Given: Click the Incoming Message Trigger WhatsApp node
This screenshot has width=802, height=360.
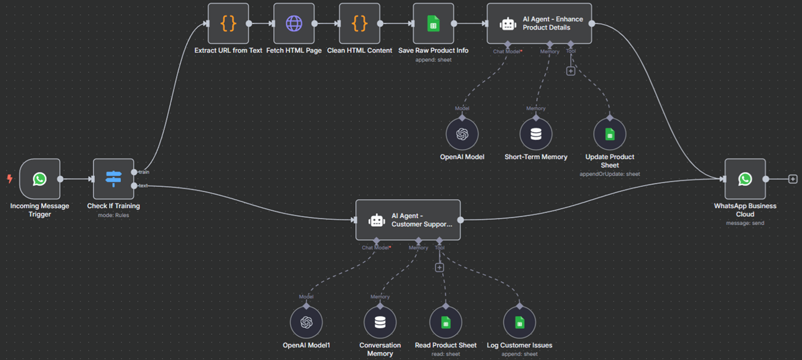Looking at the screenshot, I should click(40, 179).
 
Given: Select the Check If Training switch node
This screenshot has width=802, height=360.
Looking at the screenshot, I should click(113, 179).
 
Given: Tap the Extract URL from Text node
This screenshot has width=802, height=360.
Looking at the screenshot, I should click(228, 23).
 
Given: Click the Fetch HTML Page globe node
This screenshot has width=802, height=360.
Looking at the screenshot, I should click(294, 23).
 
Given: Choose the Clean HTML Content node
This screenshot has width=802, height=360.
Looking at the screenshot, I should click(359, 23).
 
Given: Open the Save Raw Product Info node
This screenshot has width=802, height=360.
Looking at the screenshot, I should click(433, 23).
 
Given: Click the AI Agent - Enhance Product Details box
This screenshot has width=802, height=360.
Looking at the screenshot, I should click(539, 23).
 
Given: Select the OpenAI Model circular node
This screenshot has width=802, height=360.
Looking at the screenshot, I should click(462, 134).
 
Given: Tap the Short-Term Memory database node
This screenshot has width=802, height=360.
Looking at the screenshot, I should click(535, 134).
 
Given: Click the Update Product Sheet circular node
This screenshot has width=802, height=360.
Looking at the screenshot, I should click(609, 134).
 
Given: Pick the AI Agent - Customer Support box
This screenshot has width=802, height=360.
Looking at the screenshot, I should click(407, 220).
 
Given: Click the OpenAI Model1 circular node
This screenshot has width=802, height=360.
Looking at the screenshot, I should click(306, 322).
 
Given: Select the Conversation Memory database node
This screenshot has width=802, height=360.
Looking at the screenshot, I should click(380, 322).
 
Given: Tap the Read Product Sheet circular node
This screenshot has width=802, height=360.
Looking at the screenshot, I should click(446, 322).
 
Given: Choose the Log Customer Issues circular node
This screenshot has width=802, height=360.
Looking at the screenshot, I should click(519, 322).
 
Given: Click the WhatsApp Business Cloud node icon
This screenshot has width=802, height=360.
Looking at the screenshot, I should click(744, 179).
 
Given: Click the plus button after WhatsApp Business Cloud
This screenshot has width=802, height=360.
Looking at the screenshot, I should click(793, 179).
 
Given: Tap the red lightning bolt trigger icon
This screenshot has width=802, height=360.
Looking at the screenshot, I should click(9, 179).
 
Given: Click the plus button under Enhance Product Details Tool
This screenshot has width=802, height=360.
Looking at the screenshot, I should click(570, 71).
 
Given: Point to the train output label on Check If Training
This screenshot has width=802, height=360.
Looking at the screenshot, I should click(144, 172).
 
